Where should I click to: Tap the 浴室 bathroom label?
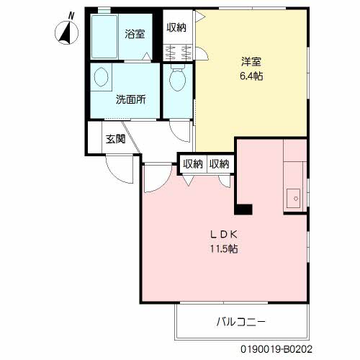click(134, 33)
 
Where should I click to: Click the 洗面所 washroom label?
click(131, 99)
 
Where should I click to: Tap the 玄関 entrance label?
click(116, 138)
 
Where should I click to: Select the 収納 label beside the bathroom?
click(177, 27)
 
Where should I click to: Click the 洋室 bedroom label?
click(251, 61)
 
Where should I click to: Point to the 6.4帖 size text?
click(251, 75)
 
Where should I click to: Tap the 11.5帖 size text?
click(224, 248)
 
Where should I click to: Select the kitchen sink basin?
click(293, 197)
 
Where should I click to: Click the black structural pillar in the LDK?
click(243, 209)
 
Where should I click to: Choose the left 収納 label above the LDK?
click(192, 163)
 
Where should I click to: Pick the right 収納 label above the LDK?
click(220, 163)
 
